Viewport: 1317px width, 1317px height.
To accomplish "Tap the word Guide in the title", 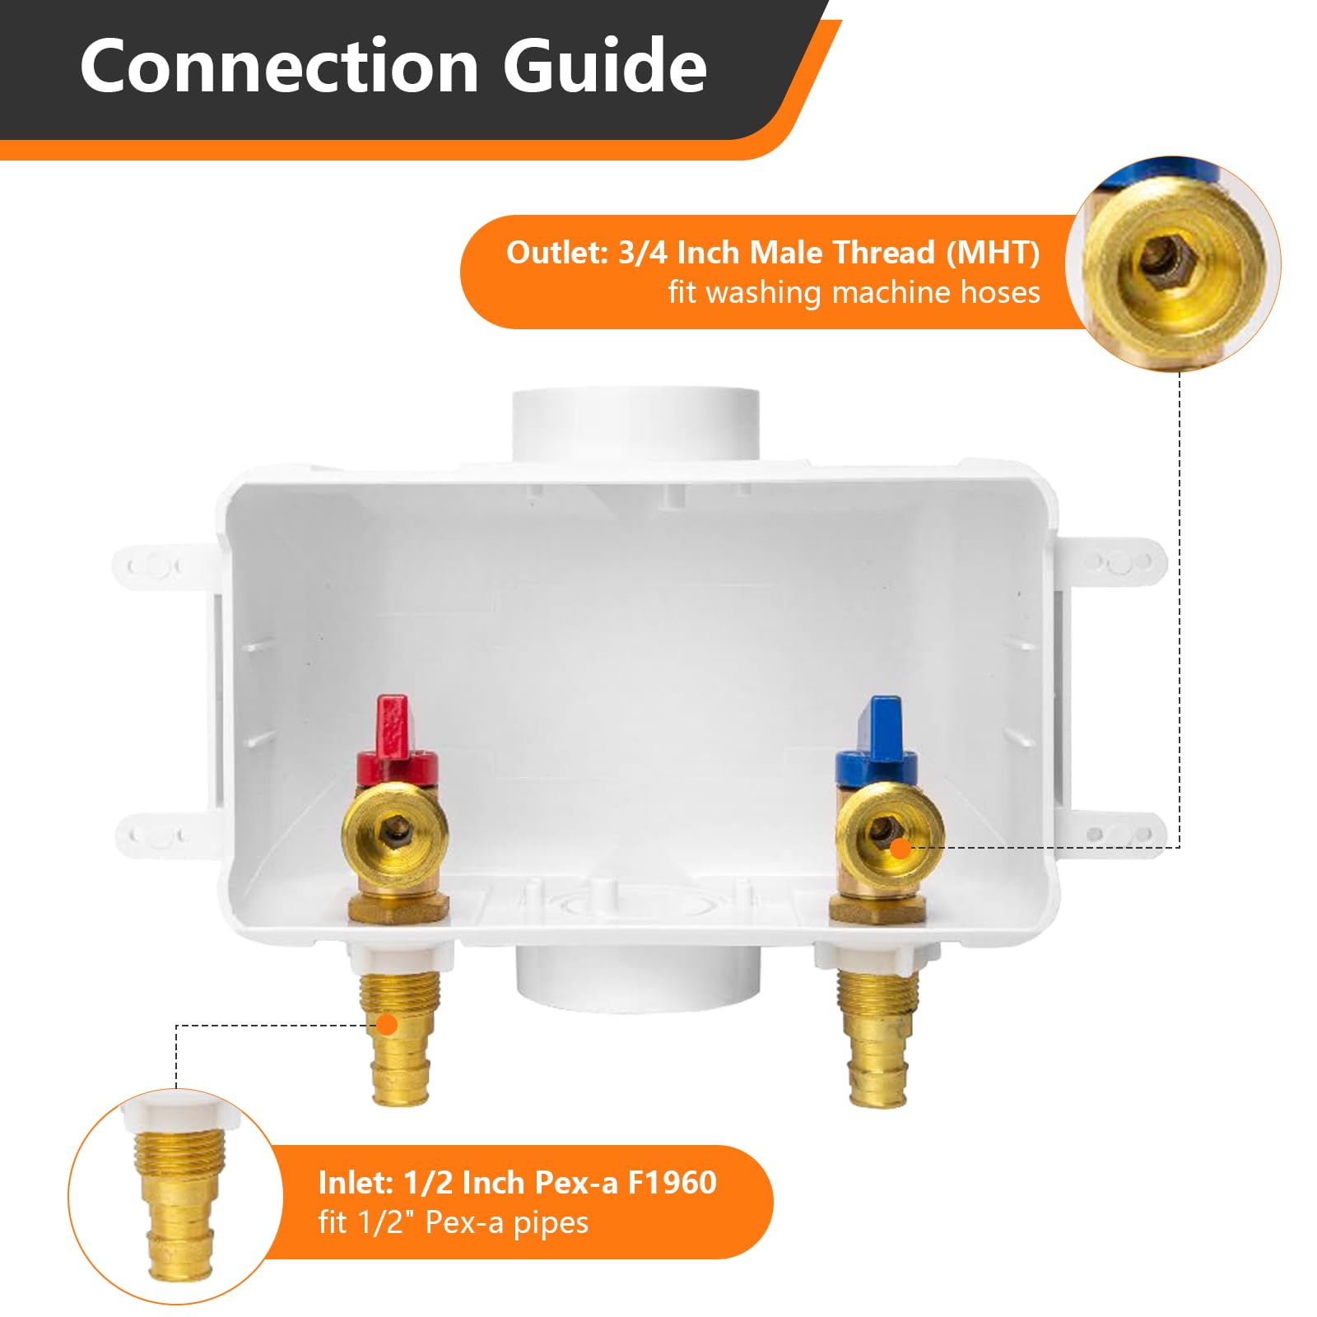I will click(605, 67).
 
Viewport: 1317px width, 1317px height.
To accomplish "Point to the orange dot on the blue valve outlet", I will click(901, 849).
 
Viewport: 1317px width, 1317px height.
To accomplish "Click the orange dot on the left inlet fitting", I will click(387, 1025).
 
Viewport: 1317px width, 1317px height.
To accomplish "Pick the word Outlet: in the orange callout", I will click(556, 253).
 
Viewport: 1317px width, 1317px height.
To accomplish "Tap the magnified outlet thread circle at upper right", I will click(1173, 263).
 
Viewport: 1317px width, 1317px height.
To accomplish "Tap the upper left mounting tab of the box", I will click(156, 566).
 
